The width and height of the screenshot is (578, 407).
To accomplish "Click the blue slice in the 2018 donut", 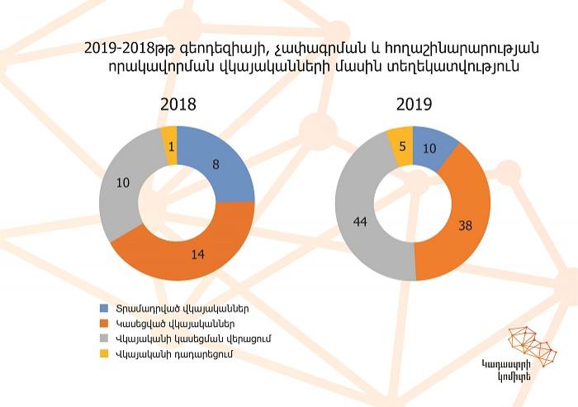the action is (x=221, y=166).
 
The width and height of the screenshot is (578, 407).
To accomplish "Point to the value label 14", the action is (x=197, y=254).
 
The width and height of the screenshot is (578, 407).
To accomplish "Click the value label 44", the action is (x=360, y=222).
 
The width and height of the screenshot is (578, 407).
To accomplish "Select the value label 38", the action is (x=465, y=225).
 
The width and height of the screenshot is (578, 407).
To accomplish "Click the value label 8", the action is (x=216, y=164).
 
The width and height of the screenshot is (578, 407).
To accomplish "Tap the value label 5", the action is (x=403, y=146).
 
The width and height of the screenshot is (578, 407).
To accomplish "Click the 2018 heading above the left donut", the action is (x=178, y=104).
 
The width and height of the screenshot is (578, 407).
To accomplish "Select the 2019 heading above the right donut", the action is (x=414, y=104).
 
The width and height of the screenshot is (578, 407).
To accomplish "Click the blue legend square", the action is (x=105, y=308).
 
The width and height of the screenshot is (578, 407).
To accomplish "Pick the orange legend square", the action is (x=105, y=324).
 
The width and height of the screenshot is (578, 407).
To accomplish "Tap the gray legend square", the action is (x=105, y=338).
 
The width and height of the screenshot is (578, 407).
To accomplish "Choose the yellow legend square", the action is (x=105, y=354).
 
